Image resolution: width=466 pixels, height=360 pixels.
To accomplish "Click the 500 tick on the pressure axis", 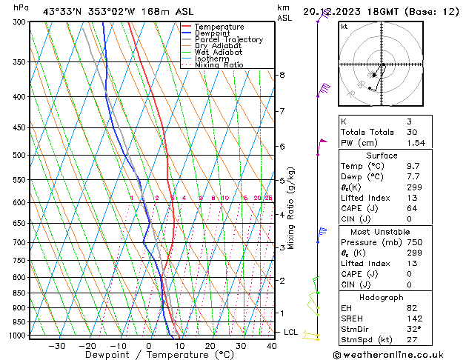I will [x=19, y=156].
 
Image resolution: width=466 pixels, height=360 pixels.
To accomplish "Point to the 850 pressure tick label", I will [x=19, y=293].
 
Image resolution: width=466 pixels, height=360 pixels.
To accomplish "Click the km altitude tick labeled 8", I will [x=282, y=75].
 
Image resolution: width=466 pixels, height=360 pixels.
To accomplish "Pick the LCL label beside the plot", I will [x=291, y=333].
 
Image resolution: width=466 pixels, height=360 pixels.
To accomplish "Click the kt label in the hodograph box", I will [x=344, y=26].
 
